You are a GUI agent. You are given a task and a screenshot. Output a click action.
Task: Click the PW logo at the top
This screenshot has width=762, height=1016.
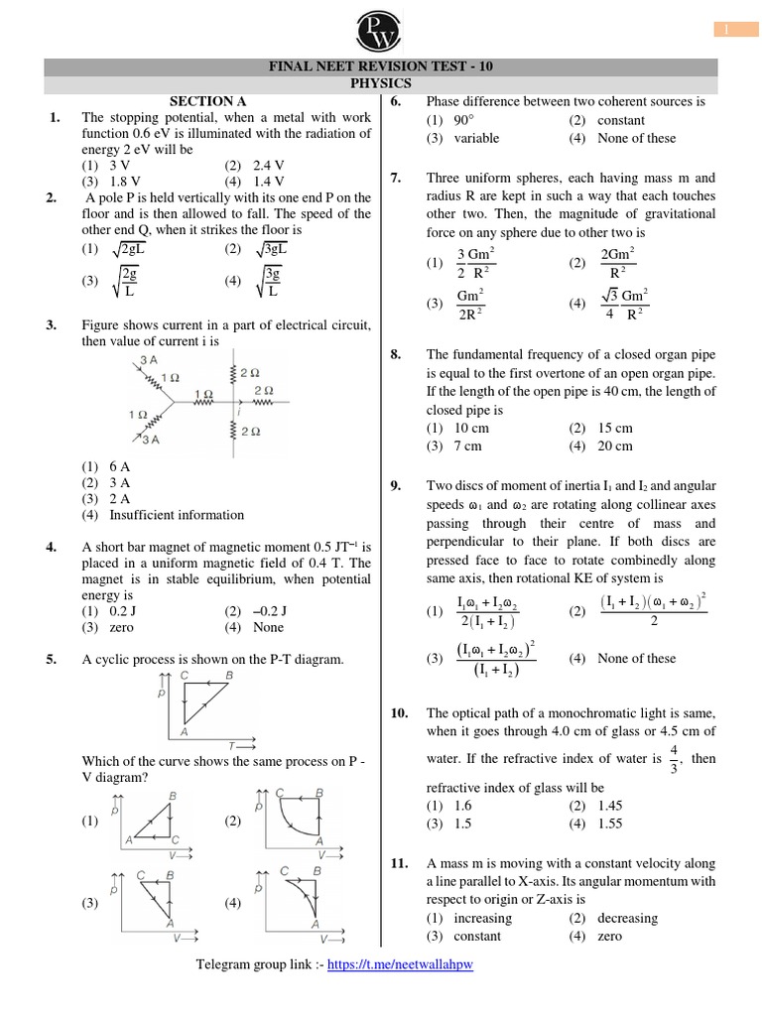click(381, 28)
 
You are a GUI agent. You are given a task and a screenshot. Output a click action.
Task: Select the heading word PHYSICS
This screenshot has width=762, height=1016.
click(380, 84)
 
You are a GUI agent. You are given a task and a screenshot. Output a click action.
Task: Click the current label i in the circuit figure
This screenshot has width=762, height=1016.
click(238, 408)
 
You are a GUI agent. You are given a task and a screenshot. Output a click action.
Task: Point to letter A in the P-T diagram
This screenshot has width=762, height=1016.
click(185, 732)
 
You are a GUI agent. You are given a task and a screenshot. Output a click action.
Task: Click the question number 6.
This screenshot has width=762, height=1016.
click(396, 101)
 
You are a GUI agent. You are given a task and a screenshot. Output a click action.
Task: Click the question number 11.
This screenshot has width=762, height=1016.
click(400, 864)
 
